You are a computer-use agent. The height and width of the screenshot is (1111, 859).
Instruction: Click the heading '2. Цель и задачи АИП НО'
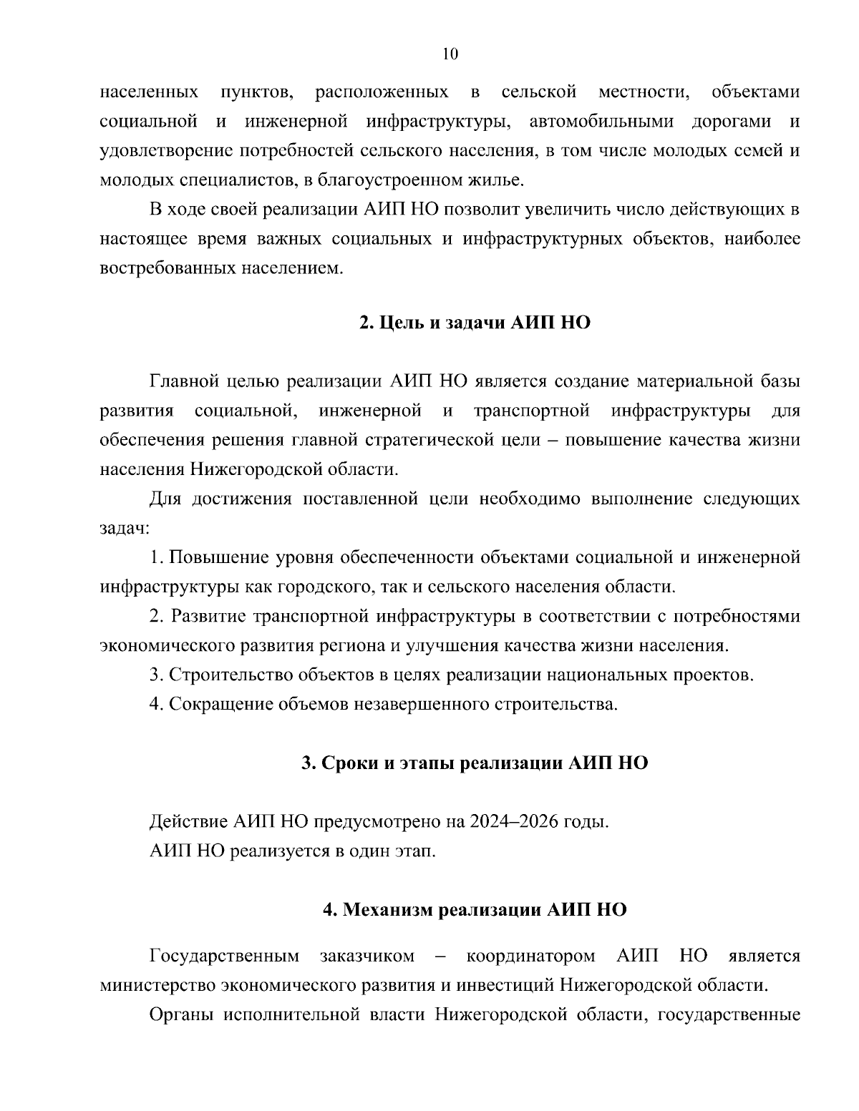(475, 323)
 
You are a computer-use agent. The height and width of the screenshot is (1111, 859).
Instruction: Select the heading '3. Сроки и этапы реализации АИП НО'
(475, 763)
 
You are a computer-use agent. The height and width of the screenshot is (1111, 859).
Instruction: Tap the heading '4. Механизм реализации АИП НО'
(475, 909)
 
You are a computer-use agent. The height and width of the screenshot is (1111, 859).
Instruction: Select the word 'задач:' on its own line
(124, 529)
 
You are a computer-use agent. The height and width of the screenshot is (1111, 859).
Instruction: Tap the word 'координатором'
(530, 956)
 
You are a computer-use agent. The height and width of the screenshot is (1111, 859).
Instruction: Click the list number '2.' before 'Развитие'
(157, 616)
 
